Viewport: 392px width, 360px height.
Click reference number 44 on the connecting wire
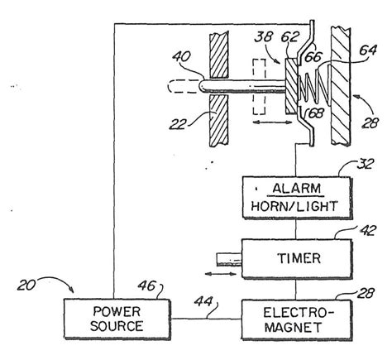pos(202,303)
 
